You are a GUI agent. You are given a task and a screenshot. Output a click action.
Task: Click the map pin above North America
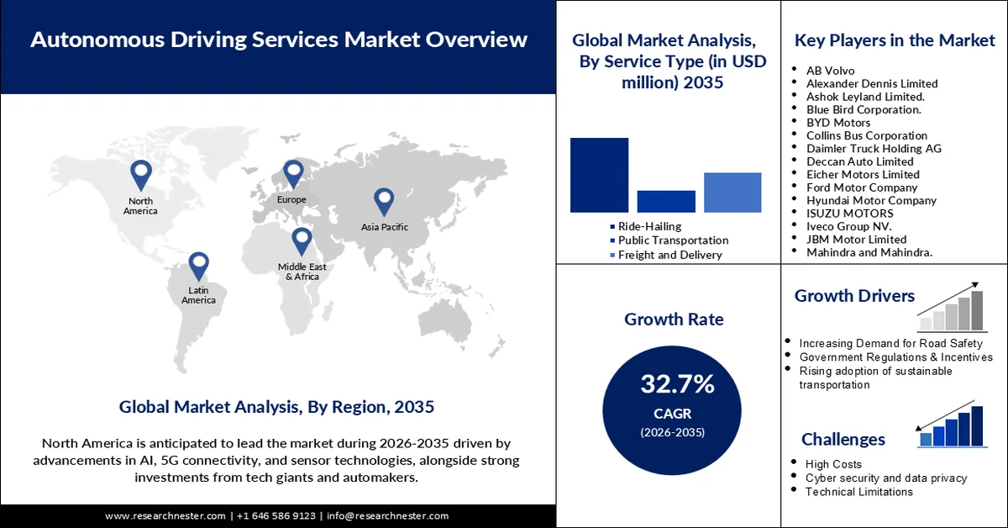tap(140, 174)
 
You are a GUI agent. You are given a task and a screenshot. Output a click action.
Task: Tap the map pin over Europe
tap(292, 173)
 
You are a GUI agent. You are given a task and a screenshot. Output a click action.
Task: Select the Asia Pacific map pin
tap(384, 201)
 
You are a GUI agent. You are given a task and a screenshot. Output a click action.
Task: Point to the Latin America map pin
tap(198, 265)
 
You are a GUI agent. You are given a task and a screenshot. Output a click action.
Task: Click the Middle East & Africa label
tap(302, 272)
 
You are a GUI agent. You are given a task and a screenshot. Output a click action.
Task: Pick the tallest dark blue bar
tap(599, 175)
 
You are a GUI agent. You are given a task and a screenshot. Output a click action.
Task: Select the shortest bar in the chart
tap(666, 201)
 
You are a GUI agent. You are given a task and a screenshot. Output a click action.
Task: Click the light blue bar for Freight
tap(732, 192)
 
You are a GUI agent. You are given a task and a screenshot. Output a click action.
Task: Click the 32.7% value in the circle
tap(677, 385)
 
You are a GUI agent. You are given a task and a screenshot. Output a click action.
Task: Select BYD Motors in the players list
tap(838, 123)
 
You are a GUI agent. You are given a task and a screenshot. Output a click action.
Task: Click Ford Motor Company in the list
tap(862, 187)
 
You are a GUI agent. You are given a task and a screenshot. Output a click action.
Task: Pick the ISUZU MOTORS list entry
tap(850, 214)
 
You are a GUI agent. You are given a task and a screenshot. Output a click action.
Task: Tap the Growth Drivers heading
tap(854, 296)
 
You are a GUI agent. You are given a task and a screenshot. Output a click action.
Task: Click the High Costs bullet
tap(833, 464)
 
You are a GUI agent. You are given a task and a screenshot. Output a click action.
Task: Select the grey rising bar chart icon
tap(951, 310)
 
